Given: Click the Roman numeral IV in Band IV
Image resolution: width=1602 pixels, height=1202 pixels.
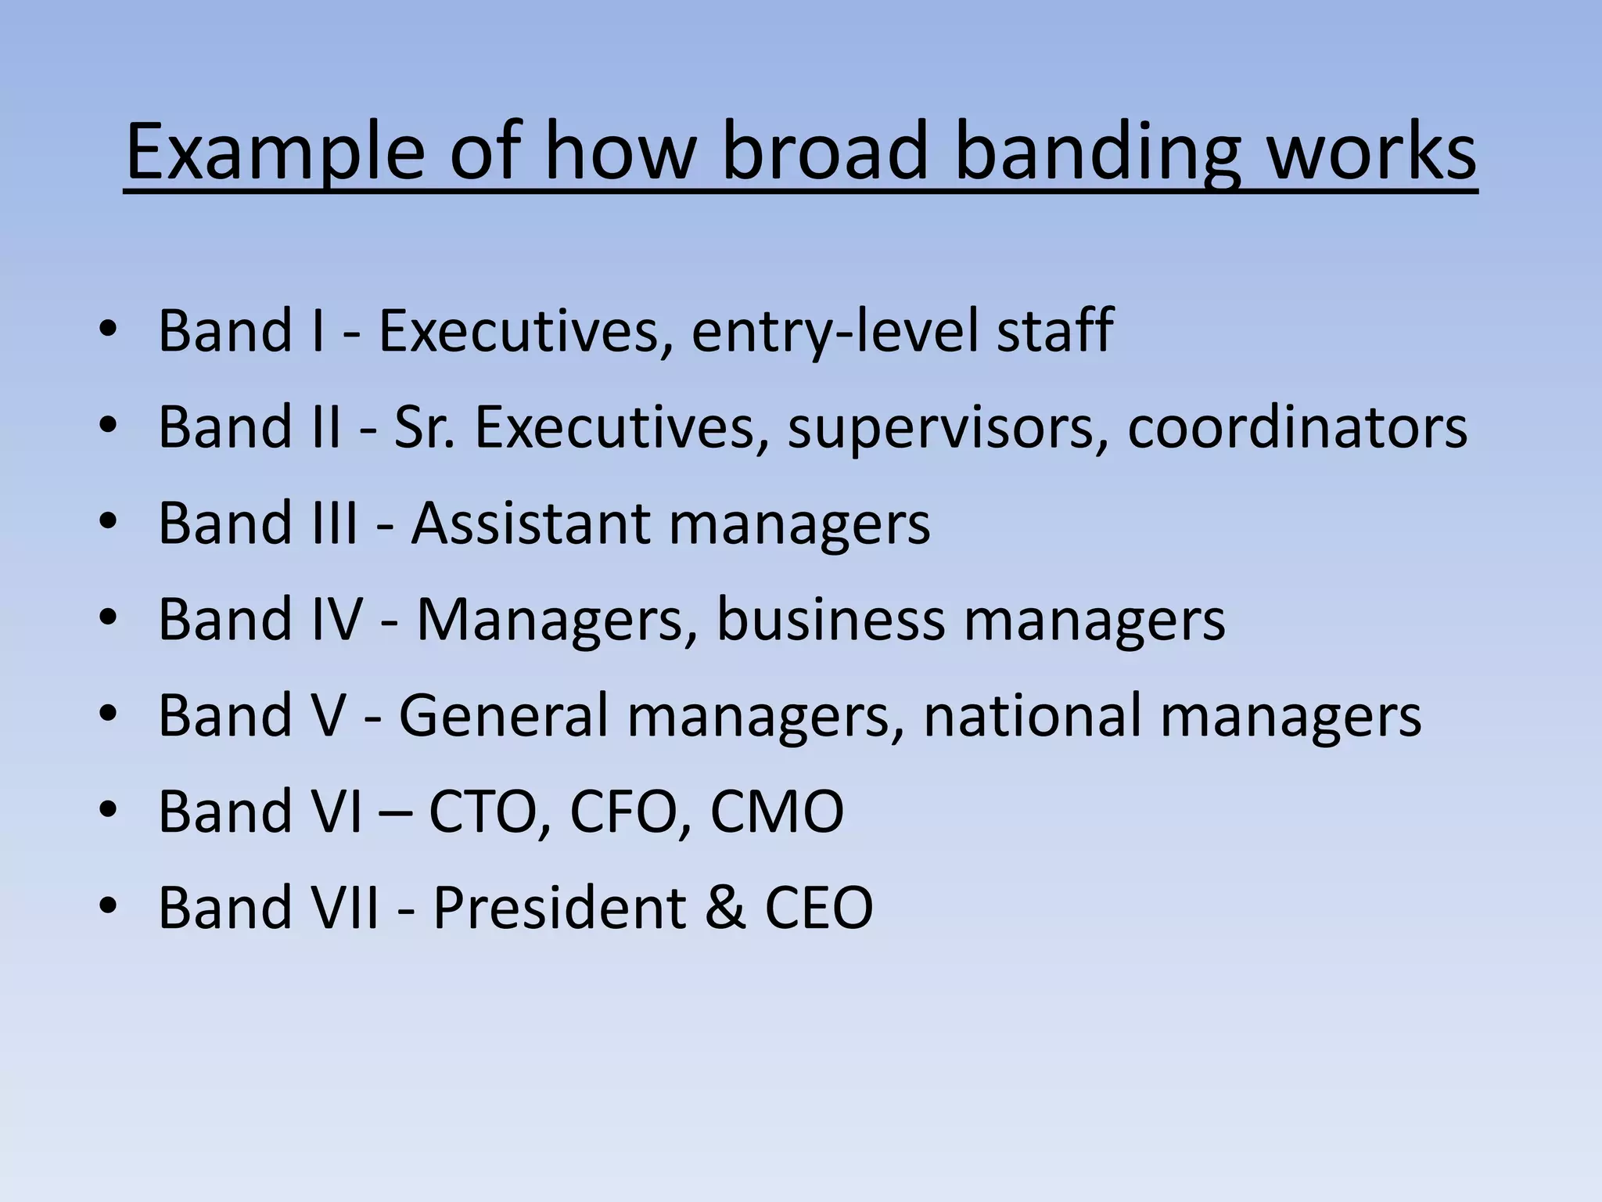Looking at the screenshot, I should [337, 619].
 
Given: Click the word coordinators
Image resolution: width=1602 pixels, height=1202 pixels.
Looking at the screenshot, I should [1297, 426].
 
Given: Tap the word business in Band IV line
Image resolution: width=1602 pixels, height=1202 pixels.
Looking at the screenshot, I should [830, 619].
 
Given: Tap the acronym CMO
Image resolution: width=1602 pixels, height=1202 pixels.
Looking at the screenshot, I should [777, 812].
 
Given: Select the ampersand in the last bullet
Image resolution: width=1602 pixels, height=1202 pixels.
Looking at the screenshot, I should [724, 907].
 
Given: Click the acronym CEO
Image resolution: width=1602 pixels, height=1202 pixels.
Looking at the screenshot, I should [818, 907].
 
